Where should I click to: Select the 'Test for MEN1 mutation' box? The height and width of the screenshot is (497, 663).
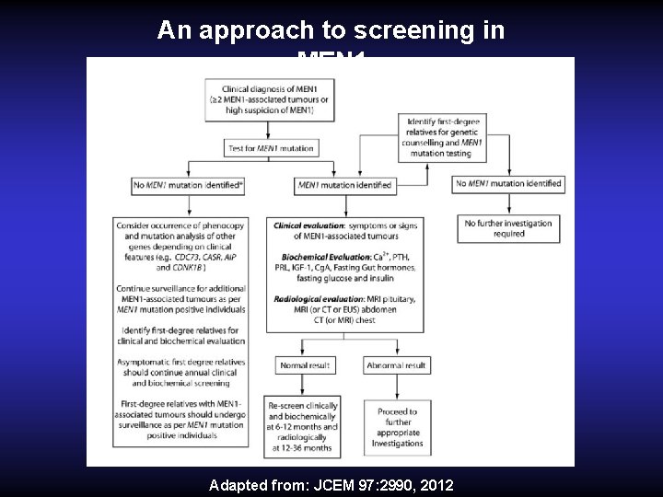(x=270, y=148)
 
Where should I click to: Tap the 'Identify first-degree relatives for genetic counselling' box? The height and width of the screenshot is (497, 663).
(x=444, y=138)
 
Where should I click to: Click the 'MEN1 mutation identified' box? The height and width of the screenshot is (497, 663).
(x=344, y=185)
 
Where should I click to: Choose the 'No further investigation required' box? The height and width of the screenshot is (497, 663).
(x=508, y=228)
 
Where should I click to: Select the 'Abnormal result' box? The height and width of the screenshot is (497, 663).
(x=396, y=365)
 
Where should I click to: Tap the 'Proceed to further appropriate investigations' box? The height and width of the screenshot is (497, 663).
(x=397, y=427)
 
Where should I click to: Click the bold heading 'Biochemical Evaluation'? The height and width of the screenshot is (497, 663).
(x=313, y=256)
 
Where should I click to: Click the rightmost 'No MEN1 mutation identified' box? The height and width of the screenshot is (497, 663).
(x=508, y=184)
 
